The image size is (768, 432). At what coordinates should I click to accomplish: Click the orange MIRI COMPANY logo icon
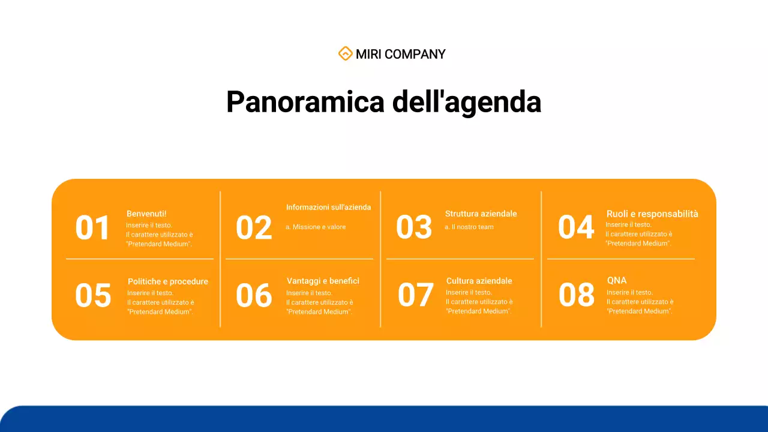345,54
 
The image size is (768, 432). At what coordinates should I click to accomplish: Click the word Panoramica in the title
305,102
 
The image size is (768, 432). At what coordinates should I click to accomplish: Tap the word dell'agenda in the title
467,102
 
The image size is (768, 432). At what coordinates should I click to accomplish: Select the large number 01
93,229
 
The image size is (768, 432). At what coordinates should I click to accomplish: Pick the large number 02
254,229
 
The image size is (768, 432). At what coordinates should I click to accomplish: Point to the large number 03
414,227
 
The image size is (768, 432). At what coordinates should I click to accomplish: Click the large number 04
576,227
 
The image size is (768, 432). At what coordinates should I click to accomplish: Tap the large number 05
93,296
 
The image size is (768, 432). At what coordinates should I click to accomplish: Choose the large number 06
254,296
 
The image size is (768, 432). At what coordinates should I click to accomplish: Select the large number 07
415,295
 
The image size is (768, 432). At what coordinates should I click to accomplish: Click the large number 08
577,295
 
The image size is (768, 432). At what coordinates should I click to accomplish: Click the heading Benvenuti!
146,214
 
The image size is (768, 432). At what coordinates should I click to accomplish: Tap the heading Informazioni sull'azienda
328,207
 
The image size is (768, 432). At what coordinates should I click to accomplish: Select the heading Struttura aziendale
481,214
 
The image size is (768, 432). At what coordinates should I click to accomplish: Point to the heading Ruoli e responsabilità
652,214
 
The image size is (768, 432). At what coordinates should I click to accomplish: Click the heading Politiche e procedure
168,281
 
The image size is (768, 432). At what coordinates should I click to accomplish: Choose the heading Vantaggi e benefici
323,281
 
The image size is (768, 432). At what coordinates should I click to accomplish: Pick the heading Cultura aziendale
479,281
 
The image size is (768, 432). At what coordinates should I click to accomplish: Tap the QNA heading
617,280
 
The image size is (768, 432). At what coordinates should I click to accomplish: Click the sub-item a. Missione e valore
316,227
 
